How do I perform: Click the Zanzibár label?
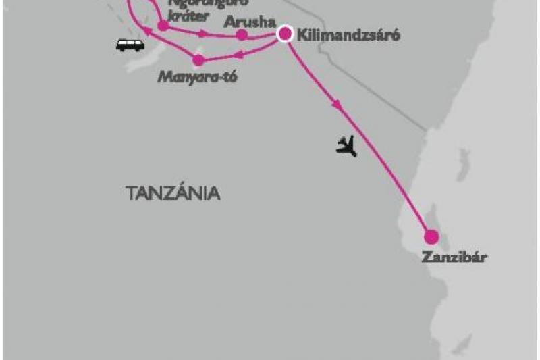tap(454, 257)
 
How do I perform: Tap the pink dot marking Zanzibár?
tap(431, 237)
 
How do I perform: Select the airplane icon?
tap(346, 145)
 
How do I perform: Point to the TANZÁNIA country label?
tap(173, 193)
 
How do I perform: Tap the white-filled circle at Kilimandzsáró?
tap(286, 33)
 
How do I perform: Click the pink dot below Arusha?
tap(242, 34)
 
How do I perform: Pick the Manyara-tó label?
tap(198, 76)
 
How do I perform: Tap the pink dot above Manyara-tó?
tap(198, 60)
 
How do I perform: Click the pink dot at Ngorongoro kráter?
tap(163, 26)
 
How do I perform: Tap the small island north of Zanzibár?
tap(462, 162)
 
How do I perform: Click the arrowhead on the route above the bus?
tap(145, 31)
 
